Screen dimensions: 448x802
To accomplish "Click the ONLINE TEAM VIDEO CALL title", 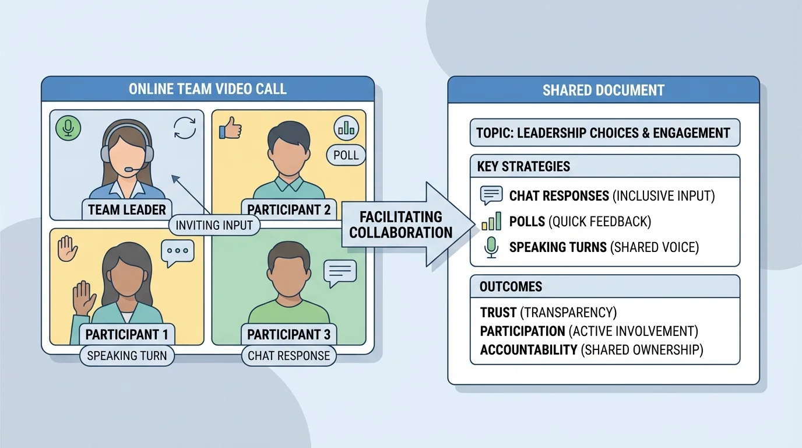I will point(207,89).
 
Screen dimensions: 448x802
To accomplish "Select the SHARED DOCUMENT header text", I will point(603,90).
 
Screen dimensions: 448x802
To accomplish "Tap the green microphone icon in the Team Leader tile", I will point(68,127).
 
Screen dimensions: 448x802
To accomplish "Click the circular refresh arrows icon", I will point(185,128).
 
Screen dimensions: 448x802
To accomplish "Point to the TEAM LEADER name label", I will point(127,209).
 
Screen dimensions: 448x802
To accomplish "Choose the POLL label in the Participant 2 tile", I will point(346,155).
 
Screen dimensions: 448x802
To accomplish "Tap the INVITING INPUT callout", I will point(214,225).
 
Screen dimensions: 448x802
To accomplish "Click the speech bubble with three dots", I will point(177,251).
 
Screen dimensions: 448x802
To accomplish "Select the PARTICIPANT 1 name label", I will point(126,335).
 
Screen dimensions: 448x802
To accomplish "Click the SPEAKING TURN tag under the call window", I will point(126,355).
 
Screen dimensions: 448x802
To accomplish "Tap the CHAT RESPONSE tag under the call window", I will point(289,355).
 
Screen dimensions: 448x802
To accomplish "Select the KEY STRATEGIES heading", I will point(523,166).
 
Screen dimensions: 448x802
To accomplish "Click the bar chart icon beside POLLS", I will point(491,222).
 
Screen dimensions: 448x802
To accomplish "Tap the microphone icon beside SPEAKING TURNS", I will point(491,247).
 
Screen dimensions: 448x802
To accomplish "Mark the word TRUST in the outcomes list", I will point(498,313).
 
